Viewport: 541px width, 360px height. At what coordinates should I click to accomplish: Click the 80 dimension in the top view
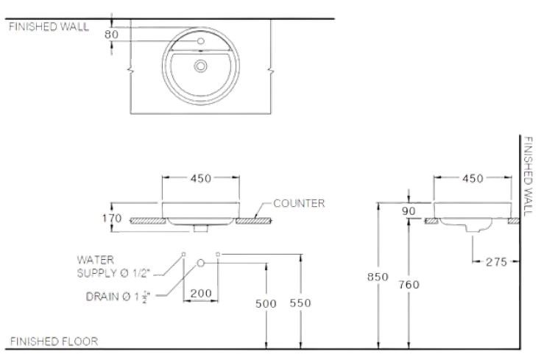[112, 33]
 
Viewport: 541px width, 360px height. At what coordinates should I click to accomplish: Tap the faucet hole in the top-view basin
[201, 40]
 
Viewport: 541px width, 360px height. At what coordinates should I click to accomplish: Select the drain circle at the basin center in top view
[201, 66]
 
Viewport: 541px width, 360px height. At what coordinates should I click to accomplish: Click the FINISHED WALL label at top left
[49, 27]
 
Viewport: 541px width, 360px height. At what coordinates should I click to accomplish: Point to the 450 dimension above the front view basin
[201, 178]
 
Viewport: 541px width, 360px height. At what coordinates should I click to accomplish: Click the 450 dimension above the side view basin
[473, 178]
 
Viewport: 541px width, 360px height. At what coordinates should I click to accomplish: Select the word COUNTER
[299, 202]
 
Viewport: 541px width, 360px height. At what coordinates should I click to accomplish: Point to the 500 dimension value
[266, 303]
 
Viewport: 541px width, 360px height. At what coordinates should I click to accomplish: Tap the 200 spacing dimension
[201, 293]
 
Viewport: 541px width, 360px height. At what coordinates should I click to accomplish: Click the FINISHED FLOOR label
[53, 342]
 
